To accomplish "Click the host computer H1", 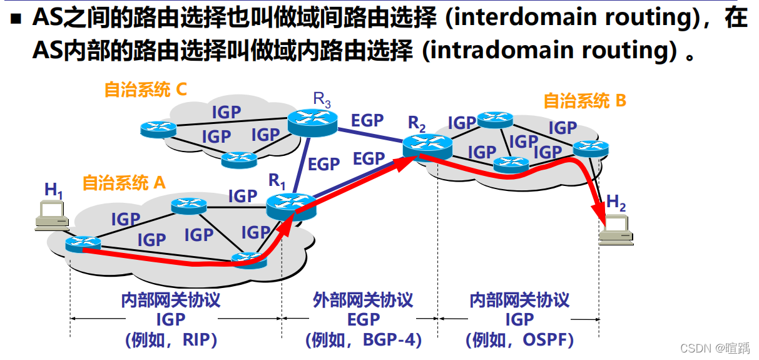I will coord(53,214).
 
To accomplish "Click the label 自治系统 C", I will coord(145,90).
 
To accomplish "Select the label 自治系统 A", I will coord(124,182).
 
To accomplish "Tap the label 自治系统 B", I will coord(584,100).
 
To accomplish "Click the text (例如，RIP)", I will coord(171,340).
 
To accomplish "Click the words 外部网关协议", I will coord(363,300).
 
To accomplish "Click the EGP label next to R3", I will coord(367,120).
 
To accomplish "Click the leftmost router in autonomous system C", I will coord(158,129).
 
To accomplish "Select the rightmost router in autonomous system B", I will coord(590,148).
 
